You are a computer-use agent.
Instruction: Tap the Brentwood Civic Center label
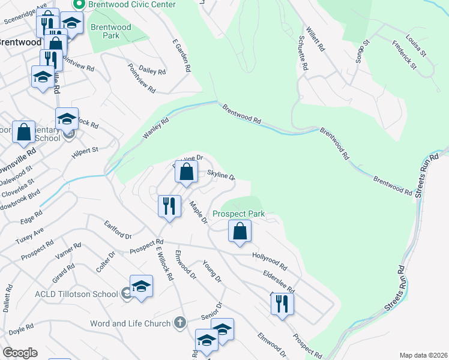click(x=131, y=5)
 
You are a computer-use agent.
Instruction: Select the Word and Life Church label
click(x=130, y=323)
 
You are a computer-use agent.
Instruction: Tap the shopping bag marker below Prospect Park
click(x=240, y=231)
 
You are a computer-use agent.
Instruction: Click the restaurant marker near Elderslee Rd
click(x=282, y=304)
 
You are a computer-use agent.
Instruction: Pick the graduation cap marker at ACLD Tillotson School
click(x=141, y=286)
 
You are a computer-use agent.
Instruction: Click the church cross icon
click(x=179, y=323)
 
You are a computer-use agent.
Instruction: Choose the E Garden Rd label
click(x=181, y=56)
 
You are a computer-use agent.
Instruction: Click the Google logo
click(x=19, y=353)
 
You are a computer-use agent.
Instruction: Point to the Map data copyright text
click(x=423, y=355)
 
